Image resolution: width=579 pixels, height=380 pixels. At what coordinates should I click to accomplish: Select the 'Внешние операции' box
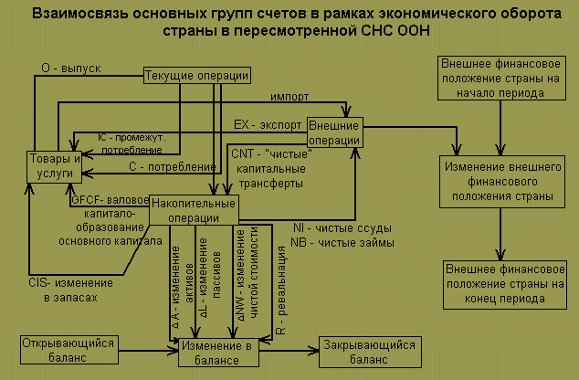(x=334, y=131)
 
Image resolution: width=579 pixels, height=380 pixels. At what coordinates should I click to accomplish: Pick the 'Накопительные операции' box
(x=192, y=208)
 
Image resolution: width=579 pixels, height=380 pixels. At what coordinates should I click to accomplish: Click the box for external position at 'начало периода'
(x=499, y=80)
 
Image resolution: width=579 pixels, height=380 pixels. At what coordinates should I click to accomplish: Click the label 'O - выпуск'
(x=70, y=69)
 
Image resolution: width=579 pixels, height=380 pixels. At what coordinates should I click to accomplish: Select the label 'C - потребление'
(x=170, y=167)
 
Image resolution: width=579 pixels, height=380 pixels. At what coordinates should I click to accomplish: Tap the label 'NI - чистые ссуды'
(x=342, y=227)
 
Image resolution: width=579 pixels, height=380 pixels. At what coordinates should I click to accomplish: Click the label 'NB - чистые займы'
(x=342, y=243)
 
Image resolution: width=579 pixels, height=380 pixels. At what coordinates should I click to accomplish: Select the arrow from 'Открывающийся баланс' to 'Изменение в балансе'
(x=142, y=348)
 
